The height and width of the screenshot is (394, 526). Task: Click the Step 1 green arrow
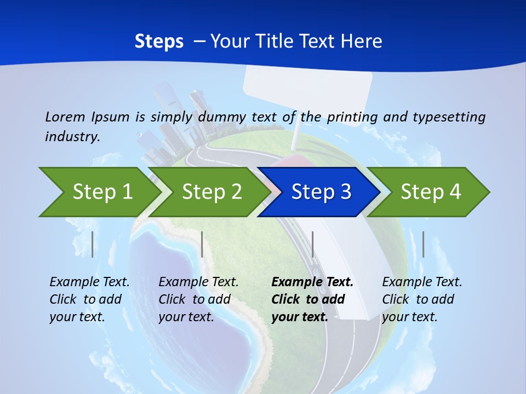(x=99, y=192)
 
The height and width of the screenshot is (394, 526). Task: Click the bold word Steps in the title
(x=159, y=41)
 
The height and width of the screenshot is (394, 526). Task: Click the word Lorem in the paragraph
(x=65, y=117)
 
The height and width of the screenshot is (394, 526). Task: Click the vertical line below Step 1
(x=93, y=244)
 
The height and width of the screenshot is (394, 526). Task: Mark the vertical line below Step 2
(x=202, y=244)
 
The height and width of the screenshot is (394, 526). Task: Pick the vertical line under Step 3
(x=312, y=244)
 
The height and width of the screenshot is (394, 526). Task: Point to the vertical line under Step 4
(x=423, y=244)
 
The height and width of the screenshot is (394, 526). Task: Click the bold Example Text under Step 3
(x=312, y=282)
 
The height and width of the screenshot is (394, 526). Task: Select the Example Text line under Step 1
(x=89, y=282)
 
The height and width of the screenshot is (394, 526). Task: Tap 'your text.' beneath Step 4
(x=409, y=317)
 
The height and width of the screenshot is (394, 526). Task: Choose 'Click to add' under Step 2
(x=195, y=300)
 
